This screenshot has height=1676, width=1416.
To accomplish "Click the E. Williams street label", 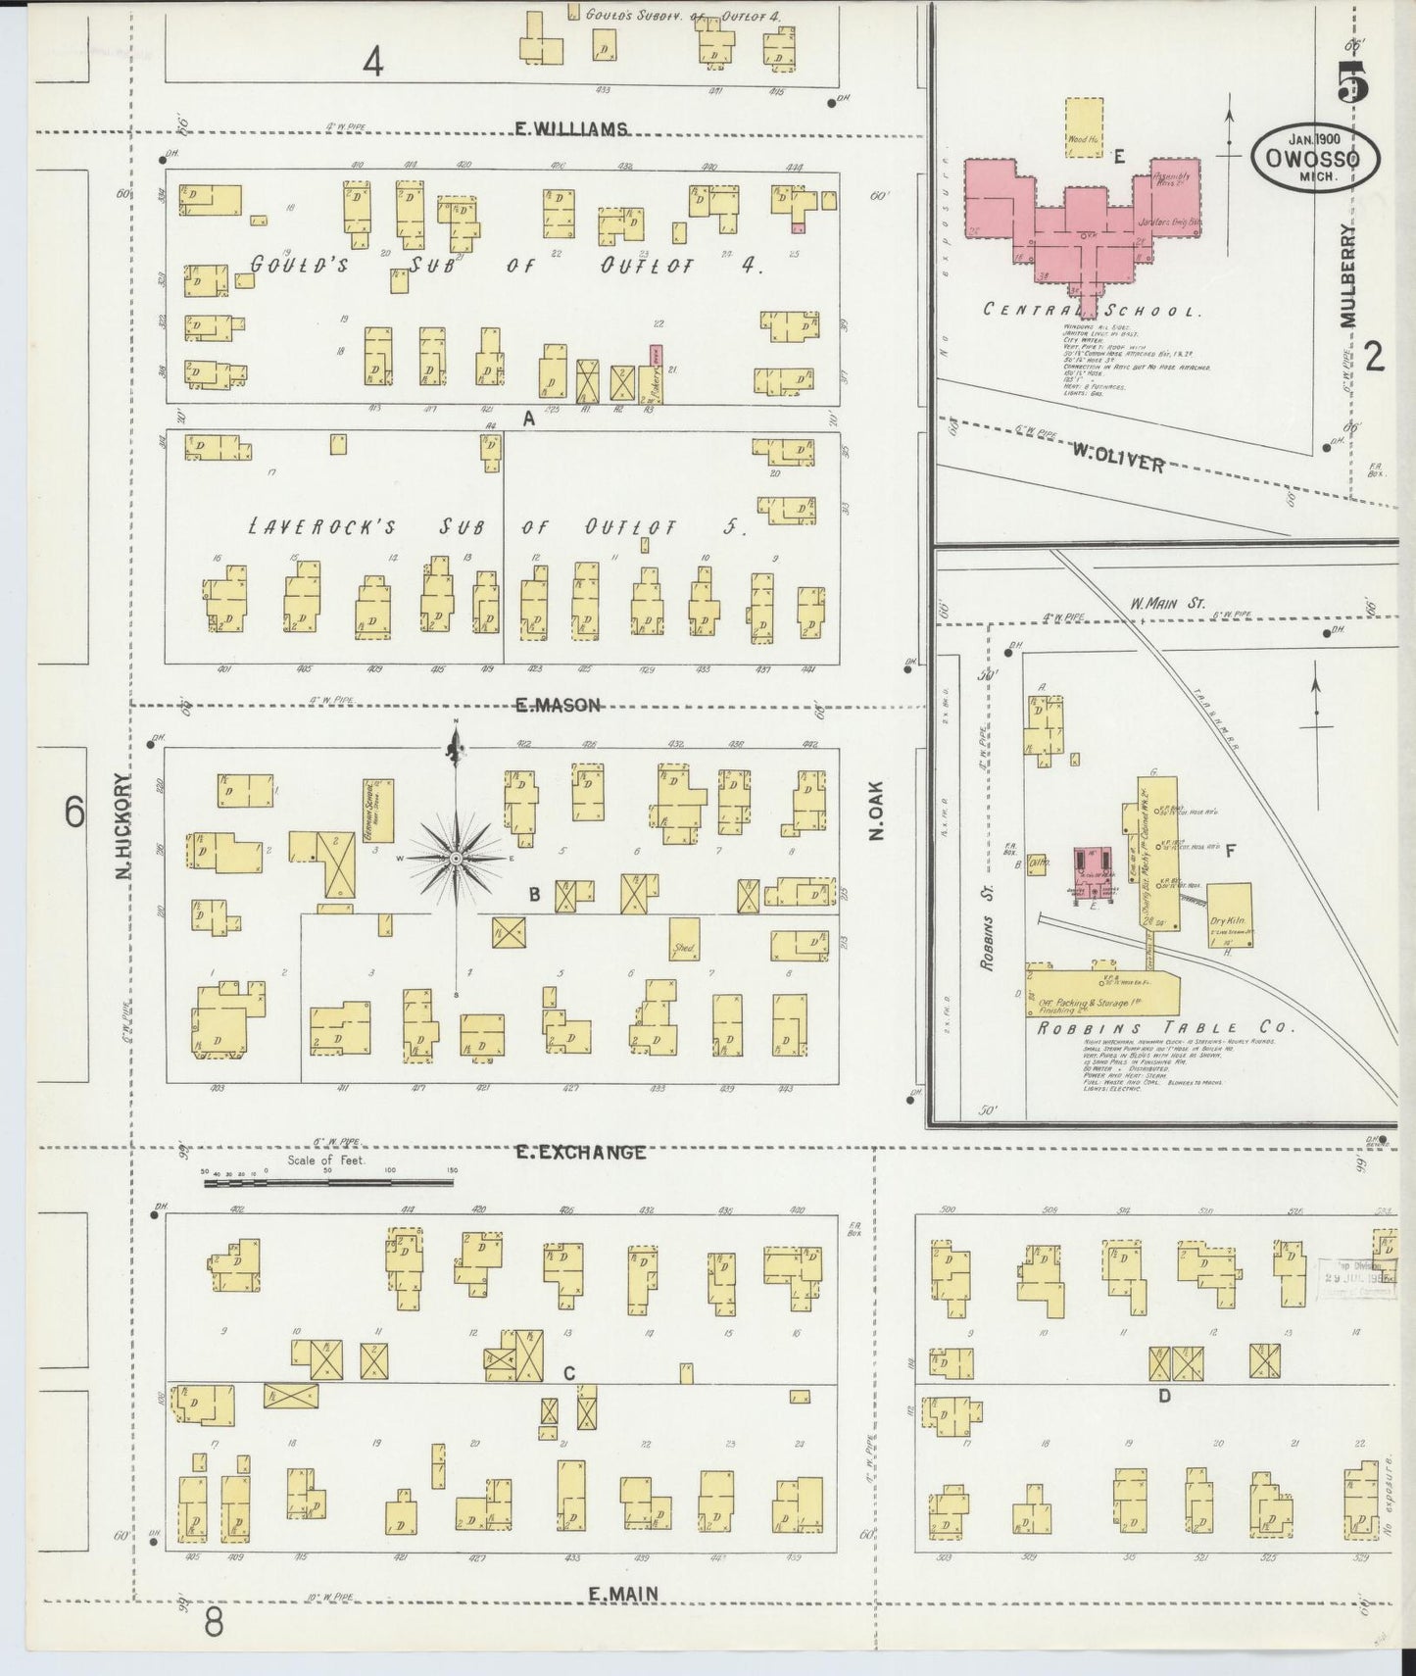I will click(571, 128).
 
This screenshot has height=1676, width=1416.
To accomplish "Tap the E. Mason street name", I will click(558, 705).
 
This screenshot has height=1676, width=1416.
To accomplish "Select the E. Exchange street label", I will click(581, 1153).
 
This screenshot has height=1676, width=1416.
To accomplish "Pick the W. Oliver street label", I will click(1116, 458).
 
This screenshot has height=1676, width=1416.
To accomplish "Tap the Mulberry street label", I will click(1349, 275).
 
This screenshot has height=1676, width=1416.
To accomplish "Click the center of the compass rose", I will click(456, 859).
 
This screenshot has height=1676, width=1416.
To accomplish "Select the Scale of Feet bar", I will click(328, 1183).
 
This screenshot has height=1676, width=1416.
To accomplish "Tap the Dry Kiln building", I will click(1229, 913).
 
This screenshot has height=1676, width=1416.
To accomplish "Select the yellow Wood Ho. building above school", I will click(1084, 127).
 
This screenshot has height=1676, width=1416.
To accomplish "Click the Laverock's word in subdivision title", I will click(320, 527).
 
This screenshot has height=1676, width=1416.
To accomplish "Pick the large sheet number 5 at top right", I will click(1354, 82).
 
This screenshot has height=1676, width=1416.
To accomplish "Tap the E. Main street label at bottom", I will click(622, 1594).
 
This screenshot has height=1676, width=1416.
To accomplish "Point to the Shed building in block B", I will click(684, 936).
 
